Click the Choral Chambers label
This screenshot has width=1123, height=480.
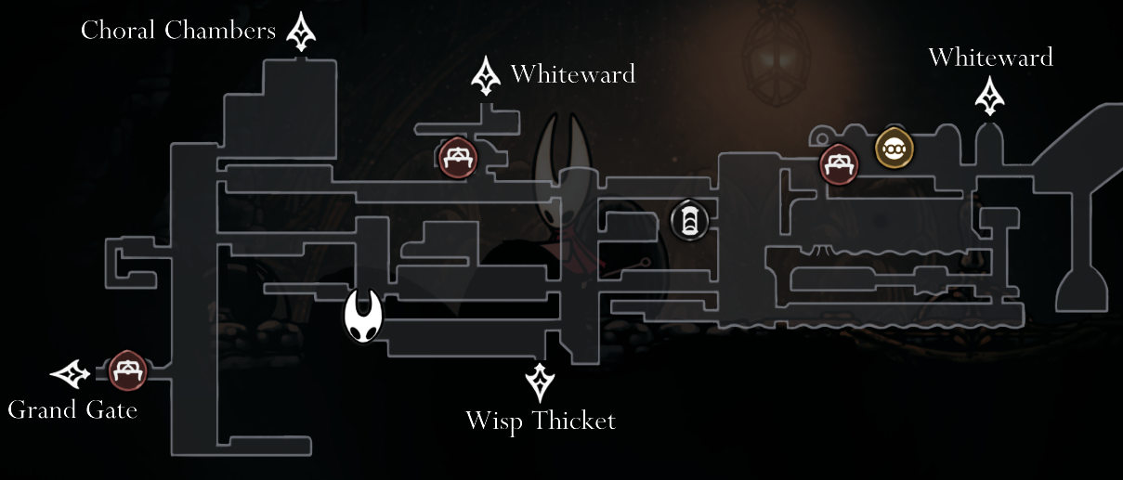(x=177, y=31)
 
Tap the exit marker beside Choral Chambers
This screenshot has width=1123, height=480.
(x=301, y=32)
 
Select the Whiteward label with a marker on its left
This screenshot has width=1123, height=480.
(x=572, y=73)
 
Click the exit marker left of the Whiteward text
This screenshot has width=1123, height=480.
(x=485, y=76)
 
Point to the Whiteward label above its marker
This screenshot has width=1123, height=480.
(x=990, y=58)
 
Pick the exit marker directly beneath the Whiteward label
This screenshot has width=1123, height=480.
(x=990, y=97)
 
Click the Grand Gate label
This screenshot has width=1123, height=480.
(x=72, y=409)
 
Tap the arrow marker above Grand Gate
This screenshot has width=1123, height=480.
(x=71, y=374)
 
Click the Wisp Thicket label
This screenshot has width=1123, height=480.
(x=540, y=422)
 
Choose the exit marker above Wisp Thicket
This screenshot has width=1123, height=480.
(x=540, y=382)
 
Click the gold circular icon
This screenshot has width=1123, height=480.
(x=894, y=148)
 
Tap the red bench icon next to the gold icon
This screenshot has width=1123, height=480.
(x=839, y=165)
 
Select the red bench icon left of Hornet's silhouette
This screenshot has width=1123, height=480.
(x=457, y=156)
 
